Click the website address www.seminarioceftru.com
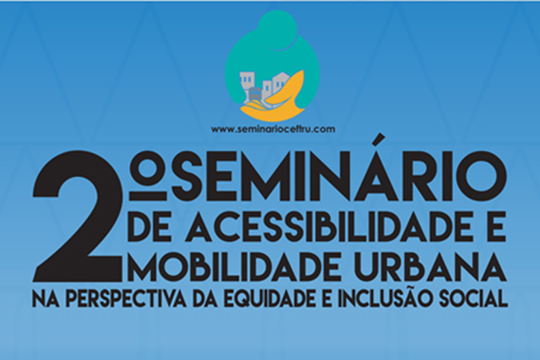[273, 129]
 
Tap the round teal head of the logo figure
[278, 28]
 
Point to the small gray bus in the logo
[255, 93]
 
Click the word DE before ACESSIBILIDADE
[148, 228]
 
